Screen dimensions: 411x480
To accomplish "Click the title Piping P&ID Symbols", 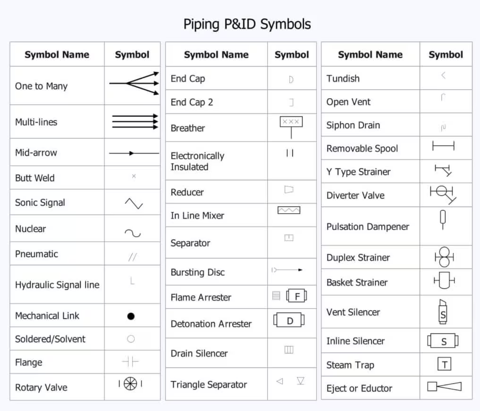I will point(247,24).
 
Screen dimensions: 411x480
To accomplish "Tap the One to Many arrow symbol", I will point(134,84).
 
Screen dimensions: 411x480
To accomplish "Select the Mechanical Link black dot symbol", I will point(131,316).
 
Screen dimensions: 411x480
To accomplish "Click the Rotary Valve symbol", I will point(130,384).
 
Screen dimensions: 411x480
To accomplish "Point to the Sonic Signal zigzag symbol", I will point(134,203).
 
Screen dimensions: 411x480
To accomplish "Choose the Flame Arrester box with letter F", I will point(296,296).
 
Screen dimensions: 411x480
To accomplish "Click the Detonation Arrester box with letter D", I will point(290,321).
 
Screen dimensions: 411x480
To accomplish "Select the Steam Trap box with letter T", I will point(445,364).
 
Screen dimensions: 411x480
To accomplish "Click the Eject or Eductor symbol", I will point(444,386).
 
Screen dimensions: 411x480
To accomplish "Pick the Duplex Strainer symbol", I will point(444,257).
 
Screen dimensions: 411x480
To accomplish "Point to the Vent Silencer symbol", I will point(442,311).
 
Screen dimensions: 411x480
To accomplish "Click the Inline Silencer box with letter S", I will point(443,341).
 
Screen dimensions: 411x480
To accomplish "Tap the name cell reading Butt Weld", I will point(35,178).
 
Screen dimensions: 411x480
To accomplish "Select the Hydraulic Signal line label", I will point(57,285).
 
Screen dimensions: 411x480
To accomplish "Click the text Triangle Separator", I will point(209,385).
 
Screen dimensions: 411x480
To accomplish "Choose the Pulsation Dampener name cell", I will point(368,226).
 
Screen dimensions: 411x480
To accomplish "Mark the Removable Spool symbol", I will point(443,146).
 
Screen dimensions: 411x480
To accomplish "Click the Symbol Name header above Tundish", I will point(370,55).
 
